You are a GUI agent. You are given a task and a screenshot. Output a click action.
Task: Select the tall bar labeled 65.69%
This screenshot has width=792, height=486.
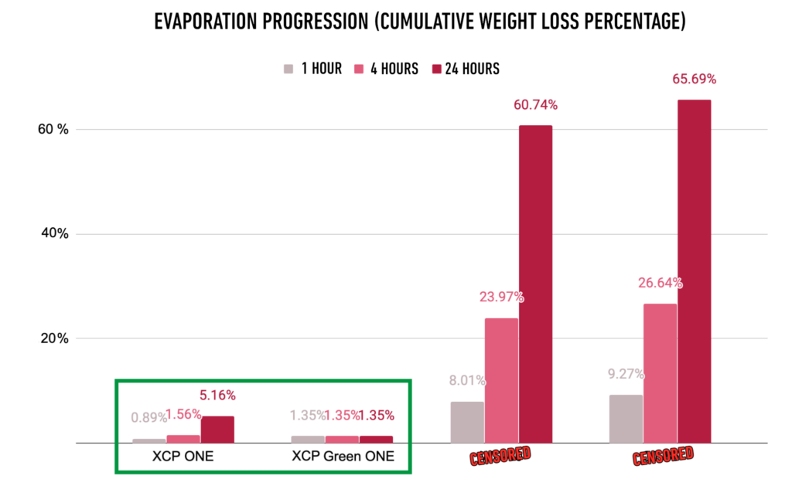click(694, 271)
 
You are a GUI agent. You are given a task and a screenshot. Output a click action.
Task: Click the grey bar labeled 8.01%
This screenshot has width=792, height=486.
click(467, 422)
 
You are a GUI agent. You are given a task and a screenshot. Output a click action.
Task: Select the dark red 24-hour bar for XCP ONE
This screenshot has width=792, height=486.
click(217, 430)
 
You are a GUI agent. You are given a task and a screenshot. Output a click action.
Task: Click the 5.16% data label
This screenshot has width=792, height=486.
click(219, 396)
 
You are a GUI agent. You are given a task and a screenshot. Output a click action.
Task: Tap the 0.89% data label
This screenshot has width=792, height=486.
click(148, 418)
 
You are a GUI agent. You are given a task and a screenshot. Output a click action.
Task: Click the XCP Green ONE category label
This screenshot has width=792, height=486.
click(343, 457)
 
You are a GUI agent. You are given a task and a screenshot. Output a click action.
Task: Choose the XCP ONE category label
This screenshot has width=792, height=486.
click(183, 457)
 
